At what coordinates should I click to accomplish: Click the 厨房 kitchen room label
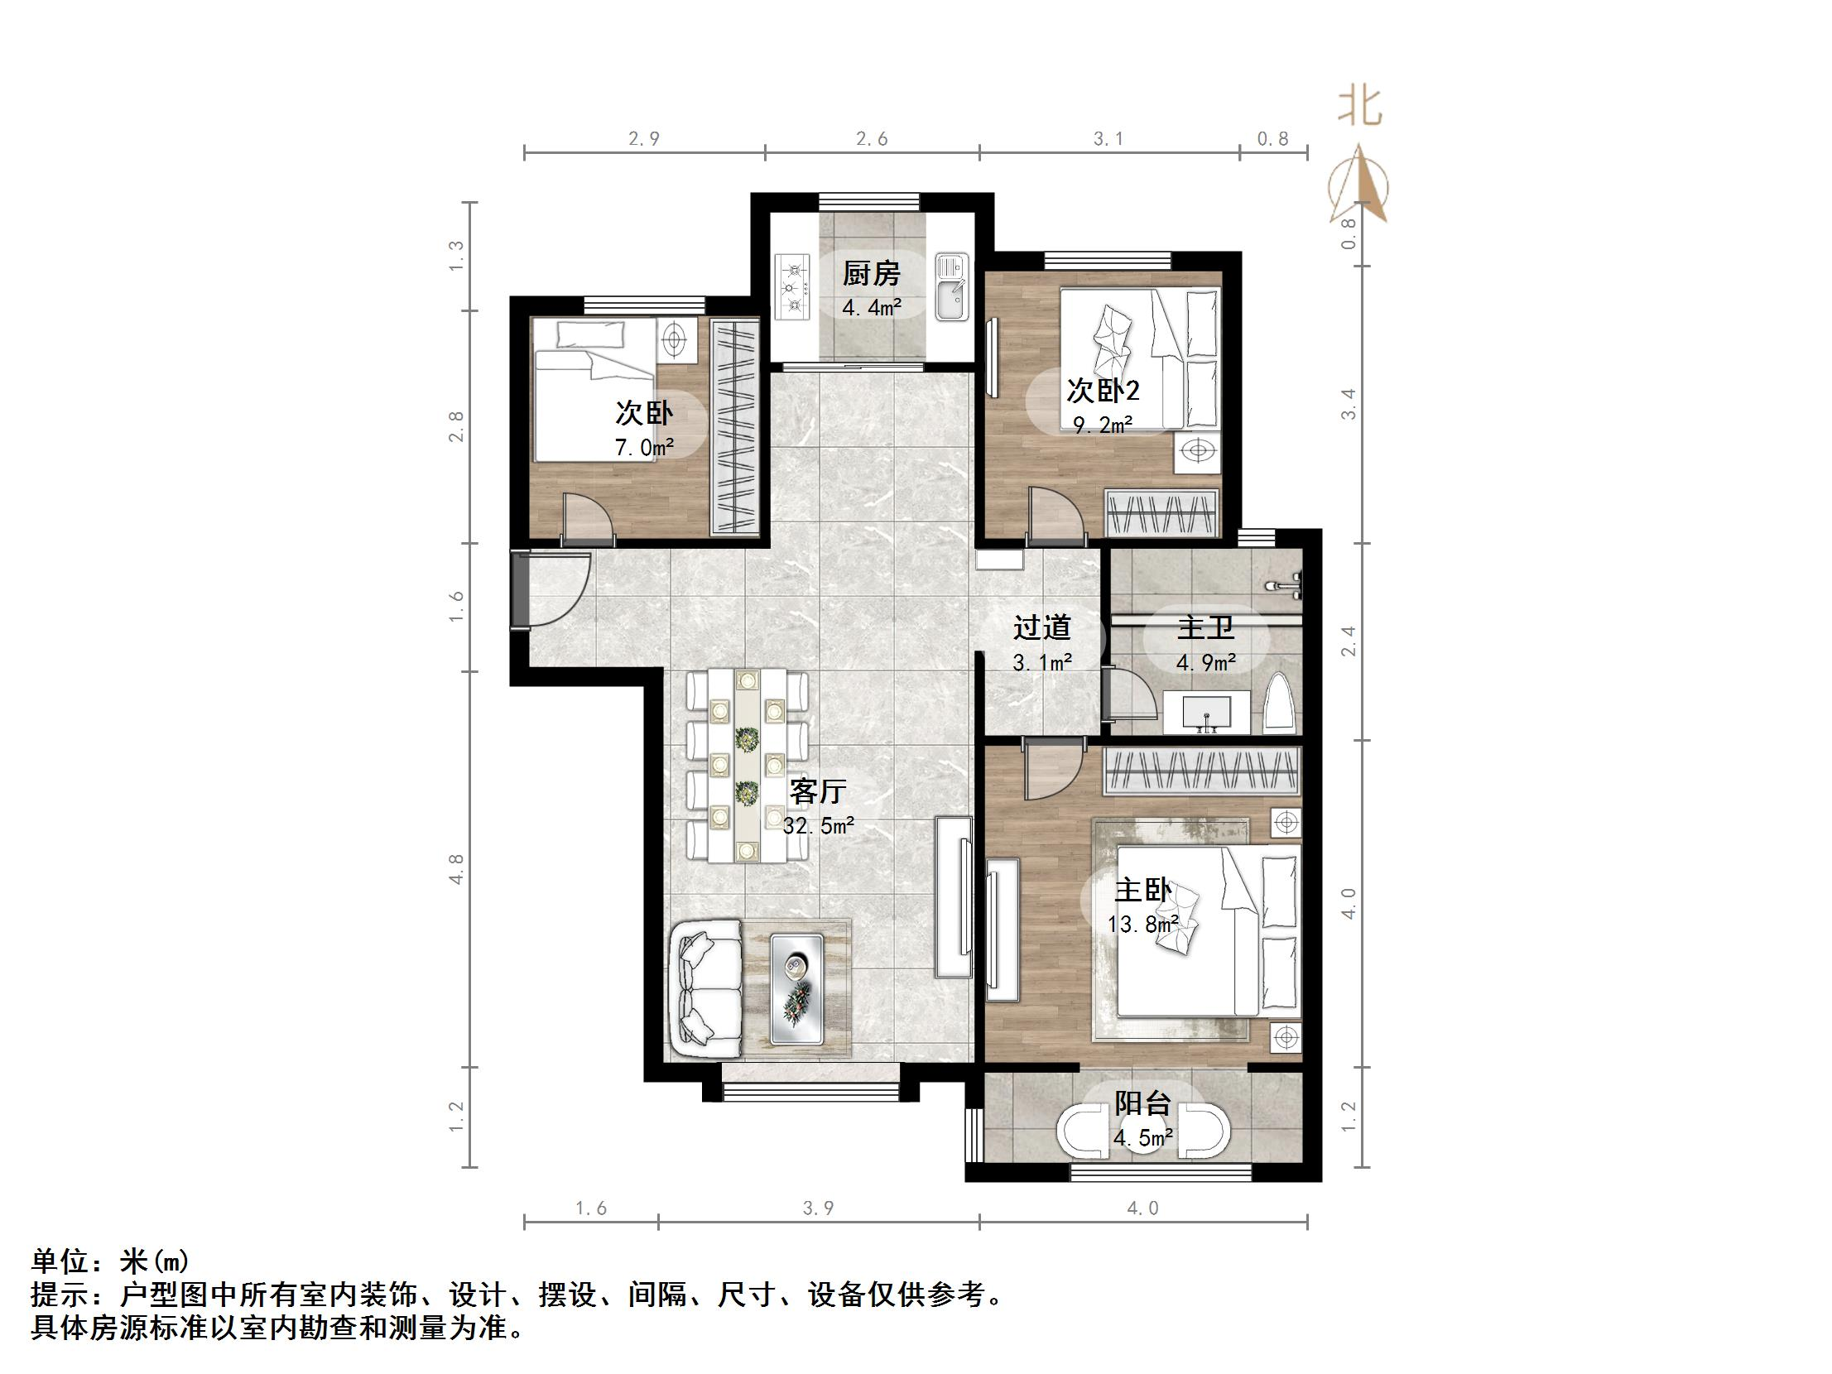[871, 273]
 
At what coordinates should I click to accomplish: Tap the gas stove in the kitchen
[793, 288]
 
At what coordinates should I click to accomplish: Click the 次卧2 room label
[1103, 390]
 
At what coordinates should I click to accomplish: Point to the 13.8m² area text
[1143, 925]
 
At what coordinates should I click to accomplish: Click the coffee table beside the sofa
[796, 989]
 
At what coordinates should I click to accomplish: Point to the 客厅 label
[817, 792]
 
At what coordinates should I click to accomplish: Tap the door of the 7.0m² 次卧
[586, 518]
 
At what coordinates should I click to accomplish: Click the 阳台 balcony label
[1143, 1103]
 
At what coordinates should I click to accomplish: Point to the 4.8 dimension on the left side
[456, 870]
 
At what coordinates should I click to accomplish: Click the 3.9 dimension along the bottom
[818, 1208]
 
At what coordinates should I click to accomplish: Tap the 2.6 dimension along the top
[871, 139]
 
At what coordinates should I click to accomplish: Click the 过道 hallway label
[1042, 627]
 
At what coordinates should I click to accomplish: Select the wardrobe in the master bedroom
[1202, 771]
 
